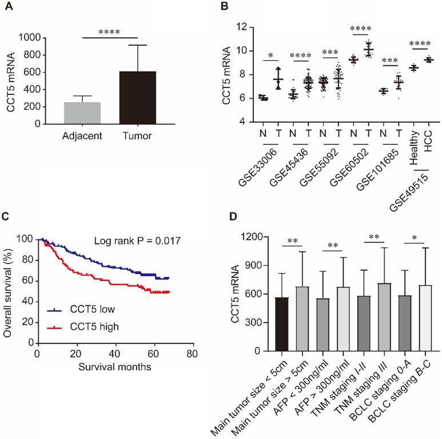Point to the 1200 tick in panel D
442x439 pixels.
coord(254,237)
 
